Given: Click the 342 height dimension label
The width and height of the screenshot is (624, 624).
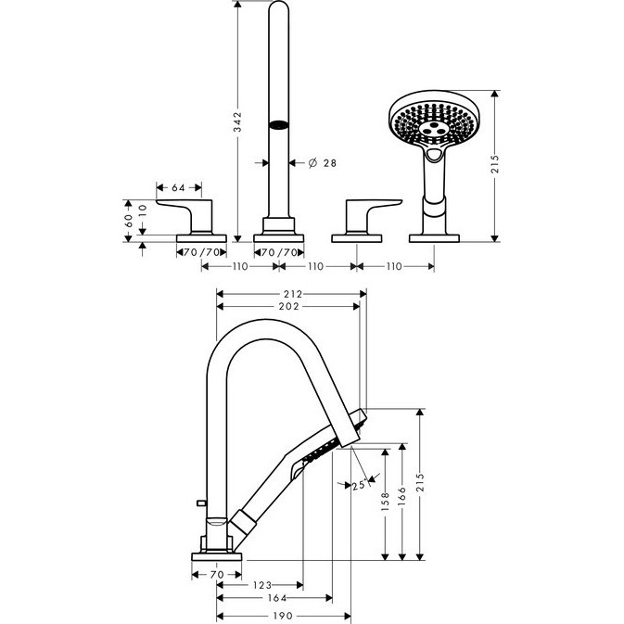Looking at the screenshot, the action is point(237,122).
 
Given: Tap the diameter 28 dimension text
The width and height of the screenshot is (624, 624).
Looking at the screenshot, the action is point(323,163).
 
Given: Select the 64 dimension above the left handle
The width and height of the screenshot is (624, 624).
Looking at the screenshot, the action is point(178,187).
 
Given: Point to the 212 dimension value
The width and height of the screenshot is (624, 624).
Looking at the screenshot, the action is point(293,294).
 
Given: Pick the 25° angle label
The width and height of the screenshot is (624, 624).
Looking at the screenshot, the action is point(360,485).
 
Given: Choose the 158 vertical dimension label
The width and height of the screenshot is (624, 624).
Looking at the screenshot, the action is point(385,501).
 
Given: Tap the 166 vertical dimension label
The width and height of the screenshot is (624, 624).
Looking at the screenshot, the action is point(402,494).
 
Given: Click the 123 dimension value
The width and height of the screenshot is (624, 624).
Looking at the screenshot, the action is point(262,585).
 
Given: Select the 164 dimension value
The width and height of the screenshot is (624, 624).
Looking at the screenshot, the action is point(277,598).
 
